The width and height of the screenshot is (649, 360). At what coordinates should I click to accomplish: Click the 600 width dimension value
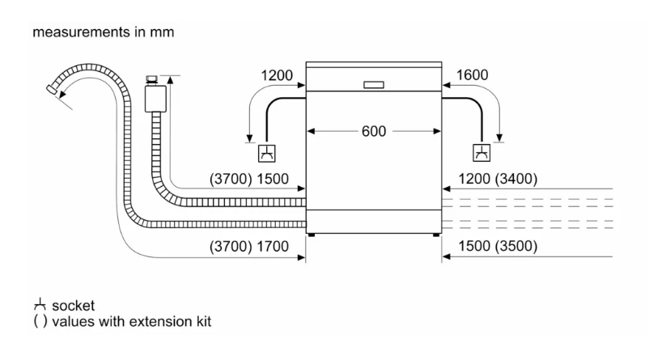[x=374, y=131]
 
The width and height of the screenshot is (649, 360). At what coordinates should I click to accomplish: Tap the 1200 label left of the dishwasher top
[x=277, y=75]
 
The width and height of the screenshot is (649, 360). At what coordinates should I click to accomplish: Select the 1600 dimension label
[x=473, y=75]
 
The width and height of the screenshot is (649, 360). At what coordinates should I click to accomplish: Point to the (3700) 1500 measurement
[x=249, y=178]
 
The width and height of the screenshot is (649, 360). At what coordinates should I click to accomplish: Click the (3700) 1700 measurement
[x=249, y=246]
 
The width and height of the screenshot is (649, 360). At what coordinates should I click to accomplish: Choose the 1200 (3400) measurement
[x=498, y=178]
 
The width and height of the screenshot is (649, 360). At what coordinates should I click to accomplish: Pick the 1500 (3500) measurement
[x=498, y=246]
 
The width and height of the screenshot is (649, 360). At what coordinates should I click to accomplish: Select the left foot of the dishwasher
[x=311, y=235]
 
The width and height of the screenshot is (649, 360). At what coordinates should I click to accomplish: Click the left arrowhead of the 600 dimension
[x=312, y=131]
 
